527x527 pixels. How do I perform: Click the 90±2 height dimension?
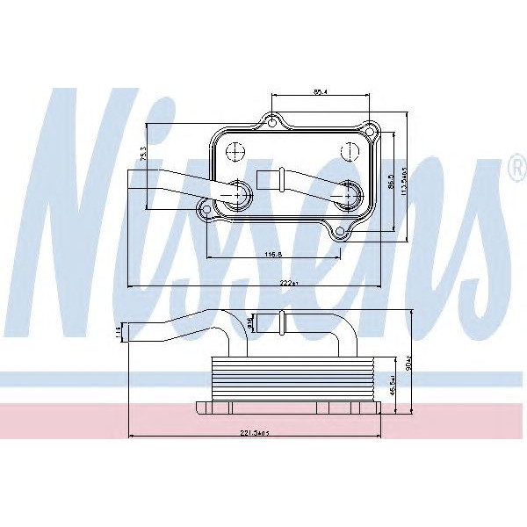point(411,362)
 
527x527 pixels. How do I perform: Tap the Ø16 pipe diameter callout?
point(250,323)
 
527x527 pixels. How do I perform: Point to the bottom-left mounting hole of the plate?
point(206,207)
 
